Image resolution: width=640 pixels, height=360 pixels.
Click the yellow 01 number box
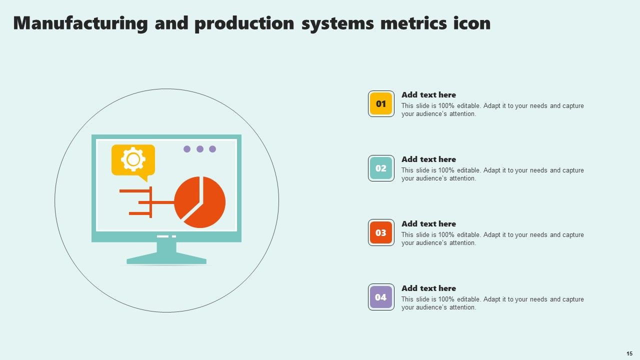(381, 103)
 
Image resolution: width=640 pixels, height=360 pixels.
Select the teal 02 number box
(381, 168)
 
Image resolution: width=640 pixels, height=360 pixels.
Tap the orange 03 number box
(381, 232)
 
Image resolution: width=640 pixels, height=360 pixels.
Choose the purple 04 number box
(381, 297)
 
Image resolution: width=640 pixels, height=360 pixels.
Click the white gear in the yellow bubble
(133, 159)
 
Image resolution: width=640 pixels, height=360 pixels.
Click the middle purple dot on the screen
(200, 149)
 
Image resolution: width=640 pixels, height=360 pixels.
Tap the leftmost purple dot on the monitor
(187, 149)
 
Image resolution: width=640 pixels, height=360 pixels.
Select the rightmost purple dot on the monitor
(212, 149)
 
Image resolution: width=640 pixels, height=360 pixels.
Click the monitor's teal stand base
(166, 259)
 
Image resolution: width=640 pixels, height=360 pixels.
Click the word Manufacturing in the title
(80, 23)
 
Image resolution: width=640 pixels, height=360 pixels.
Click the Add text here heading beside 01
(428, 95)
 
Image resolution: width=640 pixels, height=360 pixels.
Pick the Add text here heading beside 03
(428, 224)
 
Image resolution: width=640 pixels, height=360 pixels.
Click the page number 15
(629, 353)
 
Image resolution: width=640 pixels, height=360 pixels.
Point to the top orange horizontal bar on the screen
(135, 191)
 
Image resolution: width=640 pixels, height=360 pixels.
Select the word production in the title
(244, 23)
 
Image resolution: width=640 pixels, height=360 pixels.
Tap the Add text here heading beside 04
(428, 288)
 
